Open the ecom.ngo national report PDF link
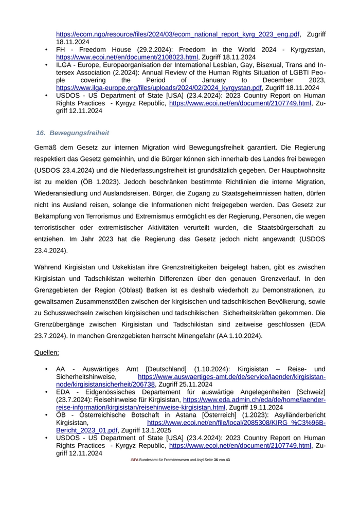click(178, 34)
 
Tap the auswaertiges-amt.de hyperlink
click(231, 377)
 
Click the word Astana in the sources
click(188, 415)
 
